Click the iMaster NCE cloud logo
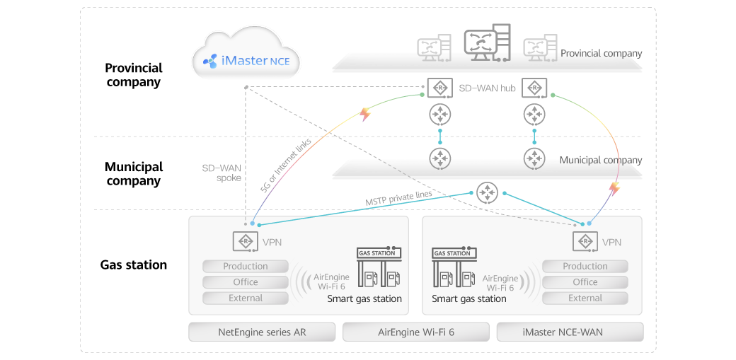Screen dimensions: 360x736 pos(247,60)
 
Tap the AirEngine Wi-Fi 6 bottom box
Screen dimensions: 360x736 pos(416,332)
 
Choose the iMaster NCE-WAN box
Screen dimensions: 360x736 pos(570,332)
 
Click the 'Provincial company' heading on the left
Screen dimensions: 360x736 pos(133,75)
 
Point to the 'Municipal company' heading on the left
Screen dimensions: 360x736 pos(133,173)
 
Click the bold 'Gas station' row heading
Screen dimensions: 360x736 pos(133,265)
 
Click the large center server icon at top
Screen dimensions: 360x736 pos(486,42)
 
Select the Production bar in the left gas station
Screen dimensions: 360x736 pos(246,267)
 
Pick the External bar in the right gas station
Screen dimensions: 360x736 pos(585,298)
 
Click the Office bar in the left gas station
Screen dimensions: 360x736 pos(246,282)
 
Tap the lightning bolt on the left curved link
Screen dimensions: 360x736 pos(365,114)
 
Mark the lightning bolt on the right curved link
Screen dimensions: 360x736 pos(614,188)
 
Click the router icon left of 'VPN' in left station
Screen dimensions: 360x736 pos(244,242)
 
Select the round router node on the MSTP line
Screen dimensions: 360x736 pos(487,192)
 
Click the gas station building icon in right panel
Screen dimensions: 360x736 pos(453,269)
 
